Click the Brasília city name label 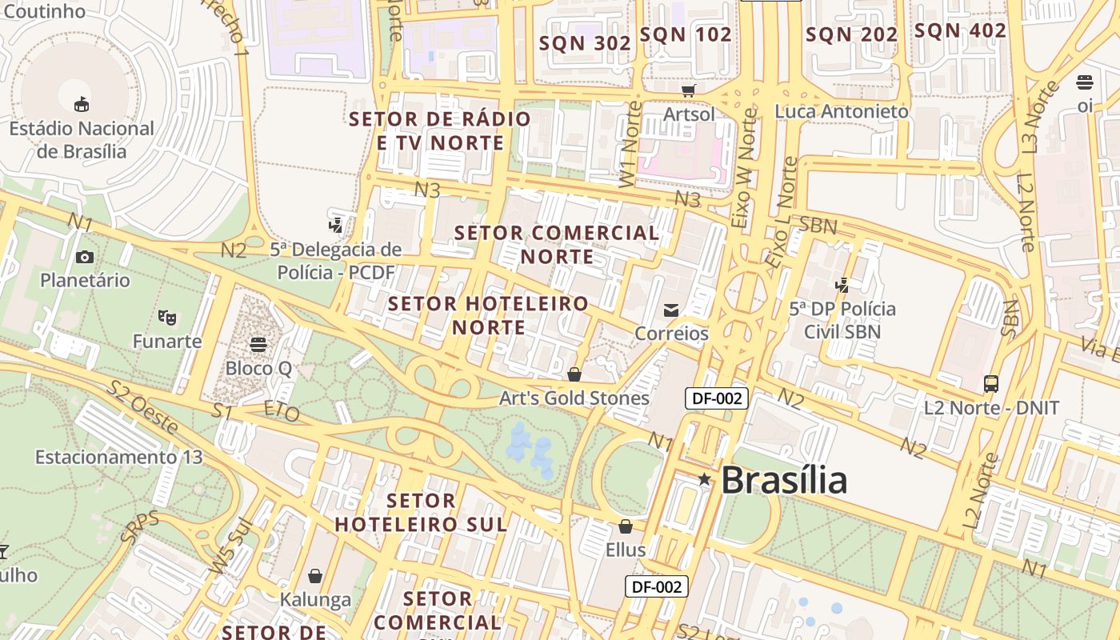click(783, 480)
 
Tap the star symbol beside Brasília click(704, 479)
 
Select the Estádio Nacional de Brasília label click(82, 139)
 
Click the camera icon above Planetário click(84, 257)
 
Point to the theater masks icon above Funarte click(166, 318)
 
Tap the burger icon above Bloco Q click(258, 345)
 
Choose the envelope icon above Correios click(671, 310)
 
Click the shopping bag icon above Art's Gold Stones click(574, 374)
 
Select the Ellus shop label click(626, 550)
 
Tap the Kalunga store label click(315, 599)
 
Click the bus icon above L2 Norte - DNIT click(991, 384)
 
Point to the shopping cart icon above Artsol click(688, 90)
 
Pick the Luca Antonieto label click(842, 111)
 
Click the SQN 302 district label click(585, 44)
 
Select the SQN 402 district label click(960, 31)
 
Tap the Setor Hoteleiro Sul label click(421, 513)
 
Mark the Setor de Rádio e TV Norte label click(440, 131)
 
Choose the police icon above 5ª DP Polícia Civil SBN click(842, 284)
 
